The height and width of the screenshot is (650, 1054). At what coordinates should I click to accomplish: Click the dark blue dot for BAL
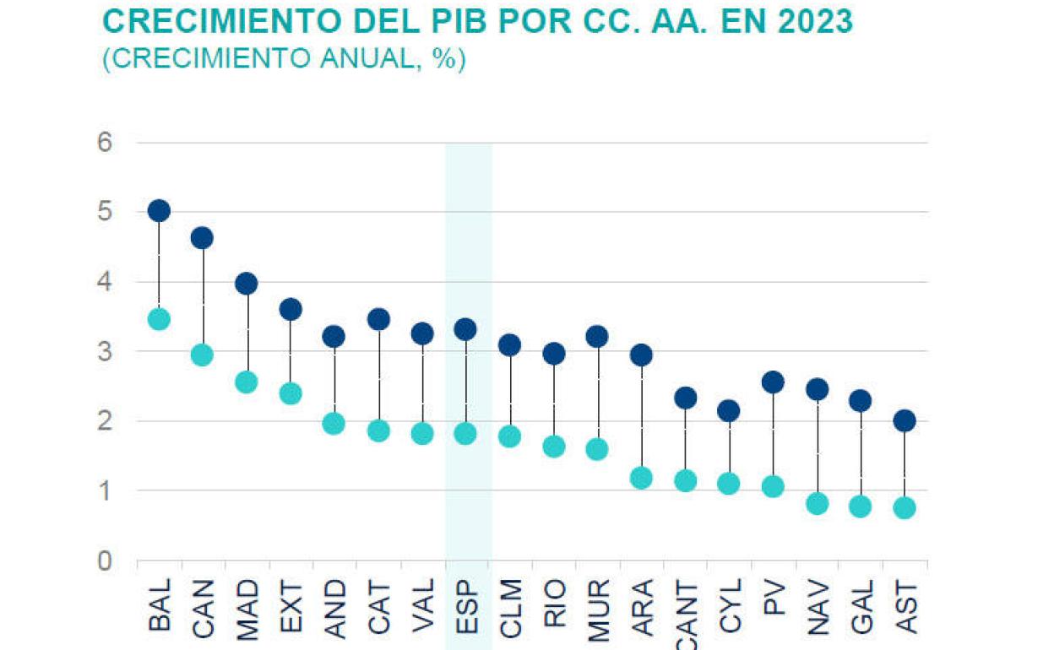tap(159, 210)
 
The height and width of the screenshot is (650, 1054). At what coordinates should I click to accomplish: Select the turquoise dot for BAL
tap(159, 319)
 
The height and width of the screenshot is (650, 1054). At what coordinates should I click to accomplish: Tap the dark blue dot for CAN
tap(203, 238)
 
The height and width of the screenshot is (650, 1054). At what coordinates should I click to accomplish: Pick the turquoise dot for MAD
tap(247, 382)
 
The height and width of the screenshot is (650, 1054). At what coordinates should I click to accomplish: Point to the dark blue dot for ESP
tap(465, 328)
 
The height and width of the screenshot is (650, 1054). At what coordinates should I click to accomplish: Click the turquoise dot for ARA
tap(641, 479)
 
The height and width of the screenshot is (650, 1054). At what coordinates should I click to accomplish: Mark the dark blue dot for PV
tap(773, 382)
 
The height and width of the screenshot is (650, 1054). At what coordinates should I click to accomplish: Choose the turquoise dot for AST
tap(905, 507)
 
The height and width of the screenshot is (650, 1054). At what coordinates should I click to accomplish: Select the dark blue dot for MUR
tap(597, 337)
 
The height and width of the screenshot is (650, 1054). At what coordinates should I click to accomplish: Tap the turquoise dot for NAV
tap(817, 504)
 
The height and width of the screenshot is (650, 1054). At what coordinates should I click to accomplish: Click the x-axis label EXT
tap(291, 604)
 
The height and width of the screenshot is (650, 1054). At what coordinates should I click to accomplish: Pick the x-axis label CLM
tap(509, 604)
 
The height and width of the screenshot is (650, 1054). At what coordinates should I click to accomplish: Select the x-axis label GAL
tap(861, 604)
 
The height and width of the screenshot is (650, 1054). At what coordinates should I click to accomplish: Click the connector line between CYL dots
tap(729, 447)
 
